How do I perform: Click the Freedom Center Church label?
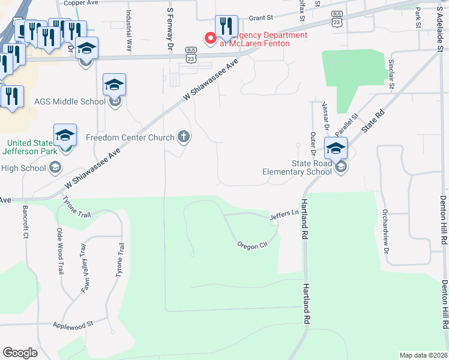(130, 137)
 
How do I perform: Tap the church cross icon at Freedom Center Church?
(184, 137)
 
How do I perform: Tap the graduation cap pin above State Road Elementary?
(336, 148)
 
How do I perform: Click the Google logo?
(20, 353)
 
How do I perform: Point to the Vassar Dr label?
(327, 115)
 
